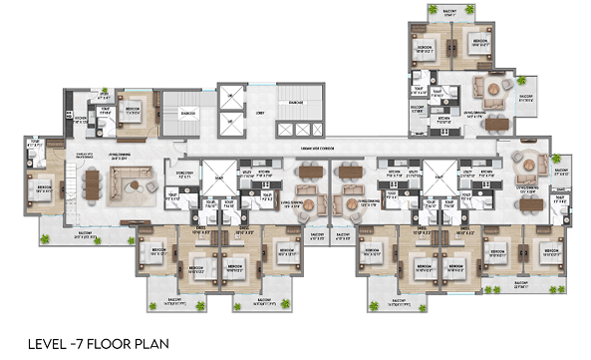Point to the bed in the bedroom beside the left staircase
pyautogui.click(x=133, y=113)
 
